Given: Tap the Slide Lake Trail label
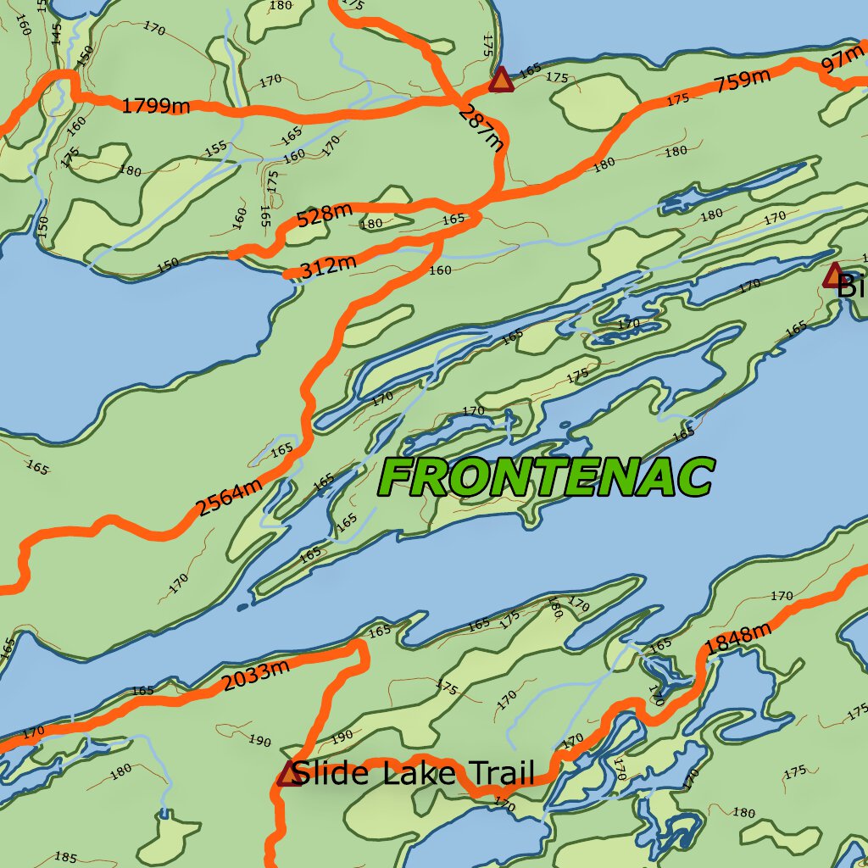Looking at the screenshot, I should (415, 773).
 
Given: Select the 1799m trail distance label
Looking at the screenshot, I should (156, 106).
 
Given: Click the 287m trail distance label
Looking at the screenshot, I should (481, 128).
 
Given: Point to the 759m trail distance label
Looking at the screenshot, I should (743, 82).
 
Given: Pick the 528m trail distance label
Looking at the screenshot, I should (324, 216).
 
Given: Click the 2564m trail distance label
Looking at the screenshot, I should (229, 499).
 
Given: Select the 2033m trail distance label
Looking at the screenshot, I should (256, 676).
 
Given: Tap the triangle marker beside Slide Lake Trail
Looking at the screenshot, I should (290, 773).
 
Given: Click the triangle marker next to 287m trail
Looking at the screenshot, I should (501, 80).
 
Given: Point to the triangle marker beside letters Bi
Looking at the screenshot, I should (834, 275).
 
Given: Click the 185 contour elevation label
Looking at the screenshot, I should (66, 857).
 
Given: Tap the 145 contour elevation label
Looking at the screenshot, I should (57, 33).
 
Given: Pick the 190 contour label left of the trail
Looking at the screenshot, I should (260, 742).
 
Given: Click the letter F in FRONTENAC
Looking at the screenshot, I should (401, 478).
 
